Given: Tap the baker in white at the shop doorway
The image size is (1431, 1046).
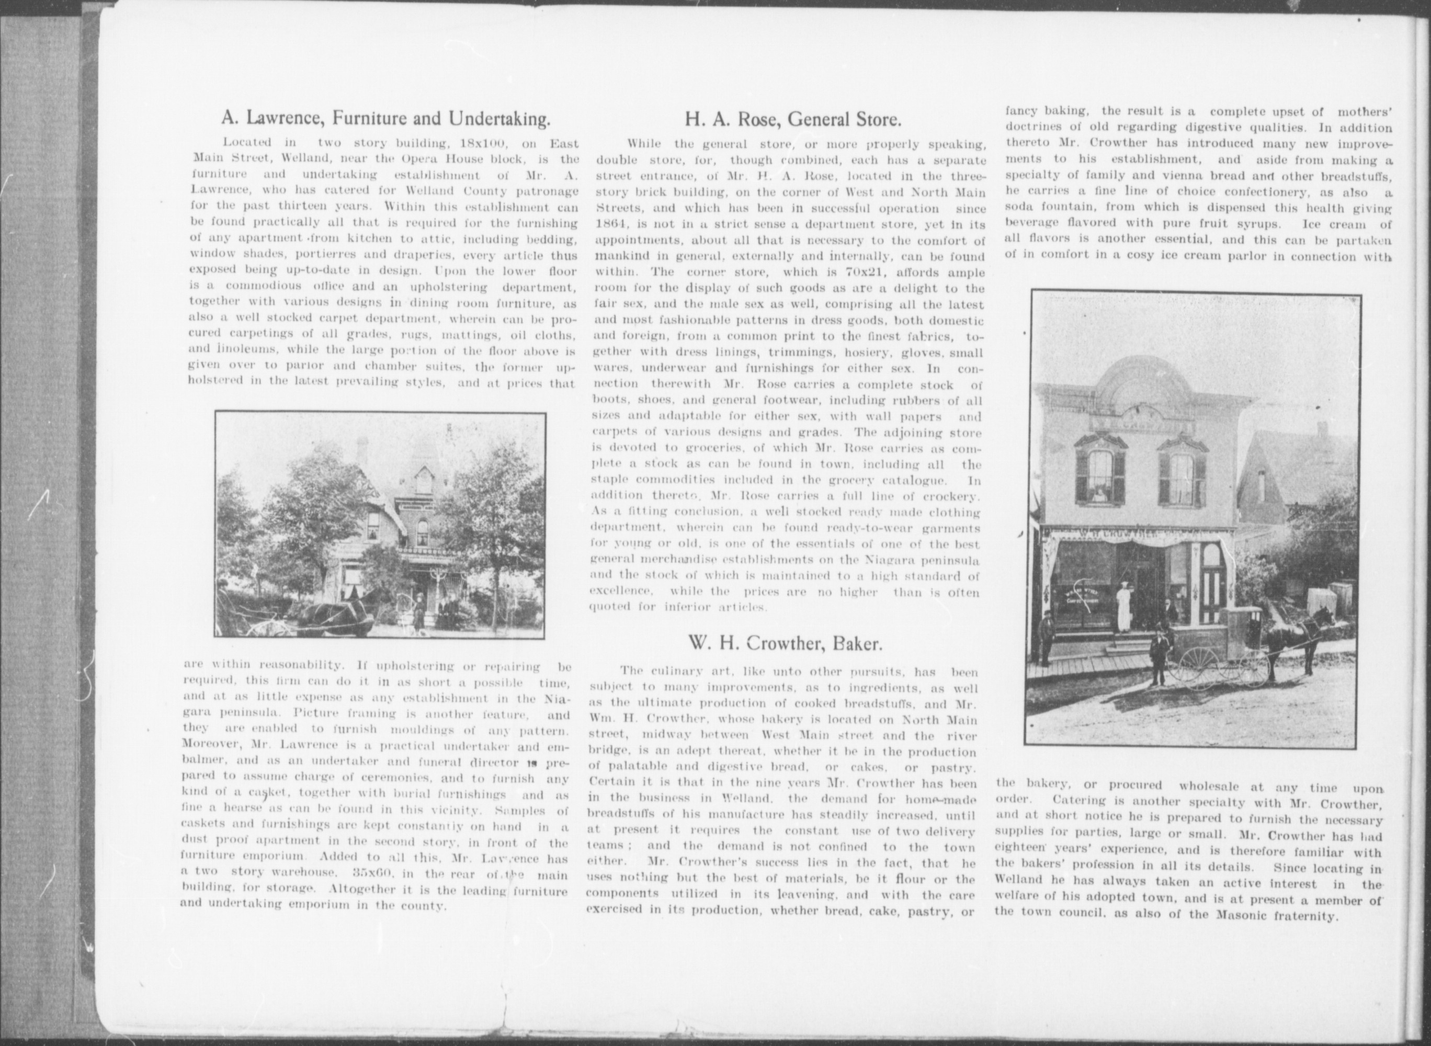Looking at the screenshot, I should tap(1123, 608).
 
